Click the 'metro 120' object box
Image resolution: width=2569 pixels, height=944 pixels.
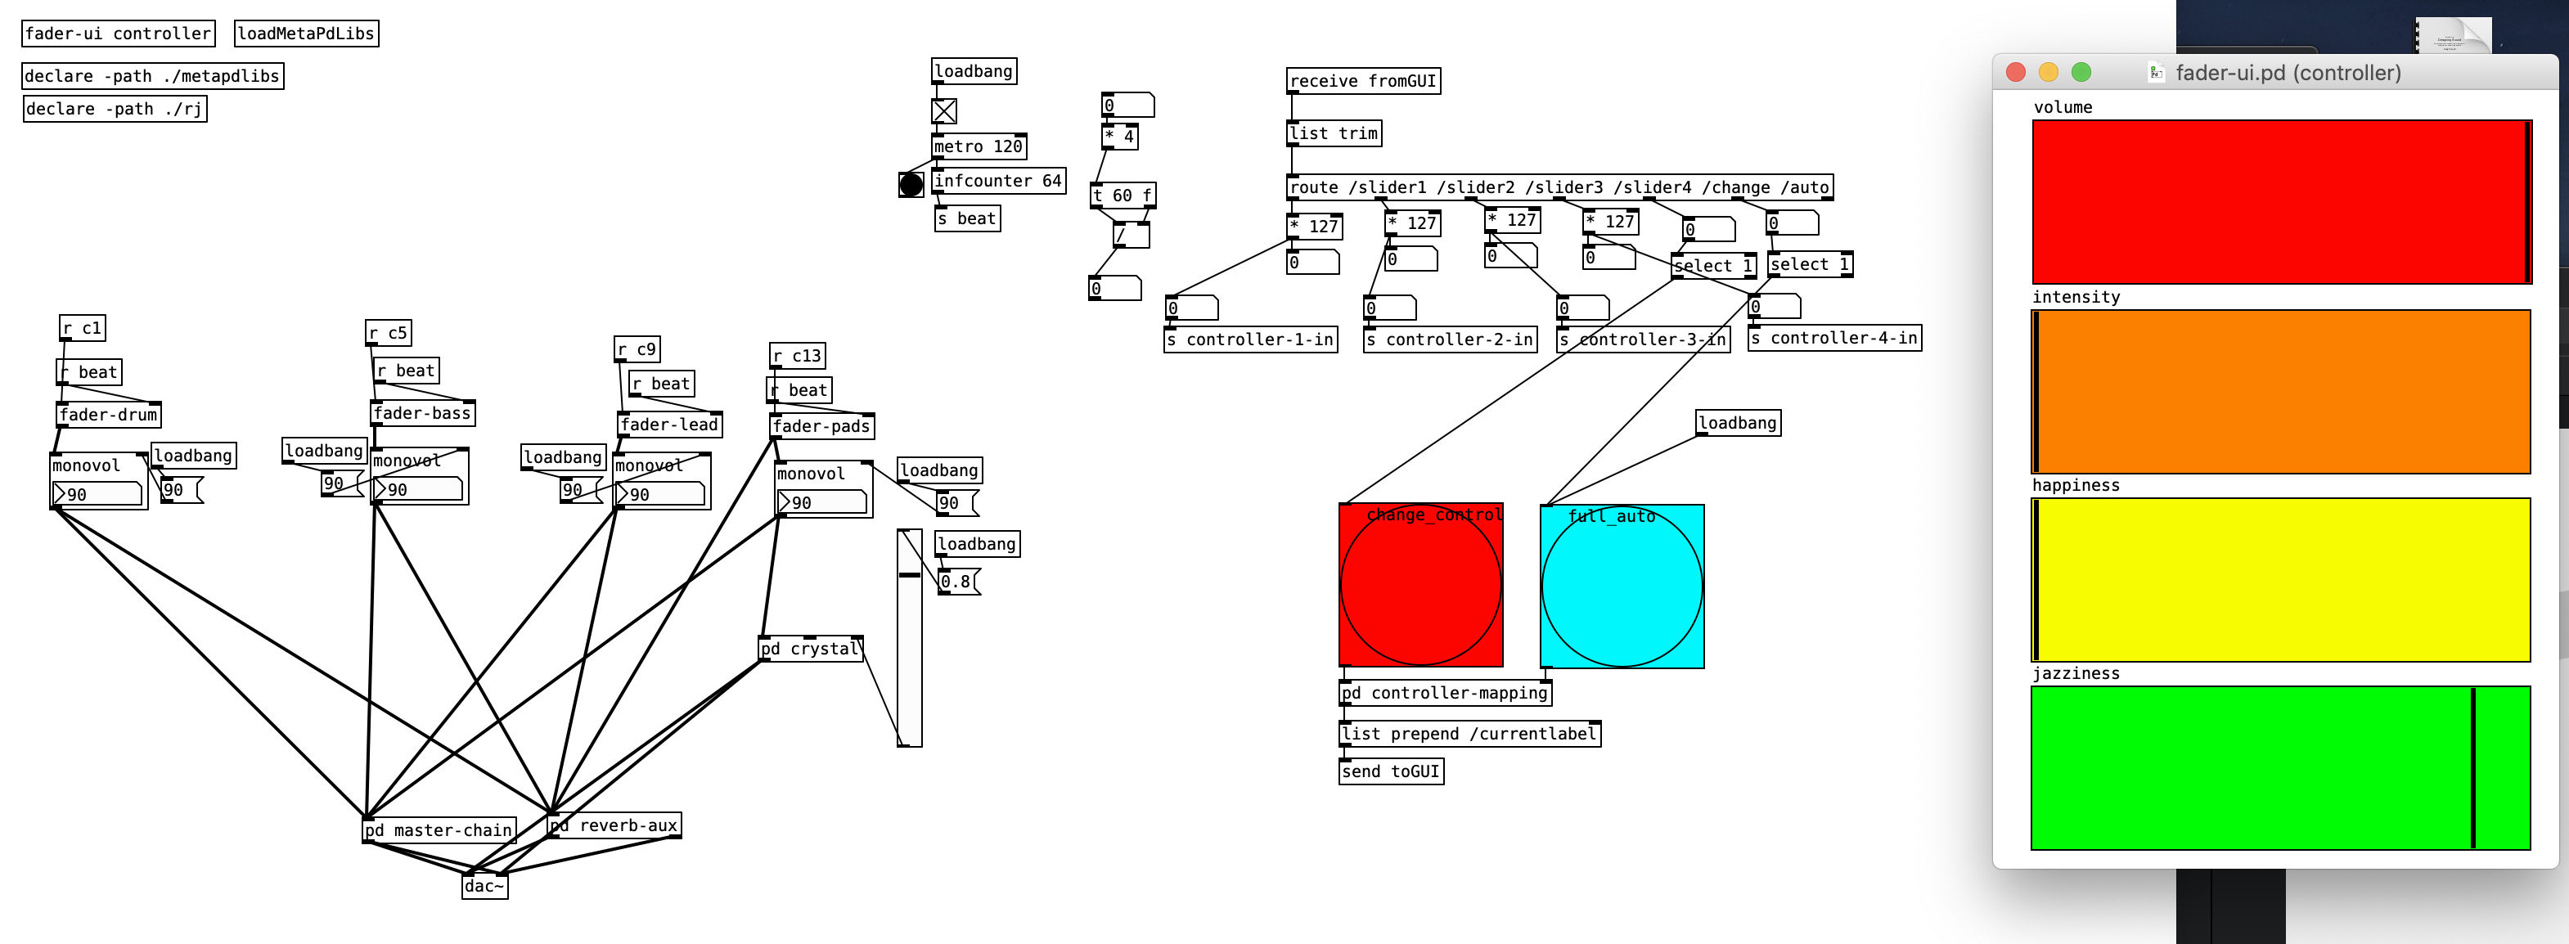click(979, 146)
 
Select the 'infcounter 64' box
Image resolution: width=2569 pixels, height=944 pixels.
click(997, 181)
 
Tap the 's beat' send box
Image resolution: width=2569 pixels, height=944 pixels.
click(966, 218)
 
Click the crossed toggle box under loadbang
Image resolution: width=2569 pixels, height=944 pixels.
click(943, 110)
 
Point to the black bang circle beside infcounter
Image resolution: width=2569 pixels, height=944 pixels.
click(911, 184)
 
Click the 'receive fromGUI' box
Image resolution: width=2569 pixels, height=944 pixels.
click(1362, 81)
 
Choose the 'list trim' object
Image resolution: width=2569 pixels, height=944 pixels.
click(1334, 133)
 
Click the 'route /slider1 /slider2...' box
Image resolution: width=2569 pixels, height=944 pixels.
click(1559, 187)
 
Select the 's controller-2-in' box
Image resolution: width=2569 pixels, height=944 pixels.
click(1449, 340)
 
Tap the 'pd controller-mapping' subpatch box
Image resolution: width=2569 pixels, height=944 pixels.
click(1444, 693)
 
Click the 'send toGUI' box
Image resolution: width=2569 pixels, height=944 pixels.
click(1390, 771)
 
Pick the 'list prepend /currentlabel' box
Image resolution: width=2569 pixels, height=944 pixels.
click(1469, 734)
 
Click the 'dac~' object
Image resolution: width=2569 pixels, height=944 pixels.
click(484, 886)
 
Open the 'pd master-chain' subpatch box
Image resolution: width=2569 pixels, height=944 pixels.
click(439, 830)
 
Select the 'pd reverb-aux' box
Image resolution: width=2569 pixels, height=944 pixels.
click(615, 825)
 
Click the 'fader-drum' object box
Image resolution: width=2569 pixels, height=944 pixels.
click(108, 415)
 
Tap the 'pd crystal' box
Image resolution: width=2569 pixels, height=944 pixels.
click(810, 649)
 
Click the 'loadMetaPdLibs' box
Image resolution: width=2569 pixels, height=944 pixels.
click(306, 34)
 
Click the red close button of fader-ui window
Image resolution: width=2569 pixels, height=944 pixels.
click(2015, 73)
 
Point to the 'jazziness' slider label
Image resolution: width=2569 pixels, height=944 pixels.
click(2076, 674)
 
